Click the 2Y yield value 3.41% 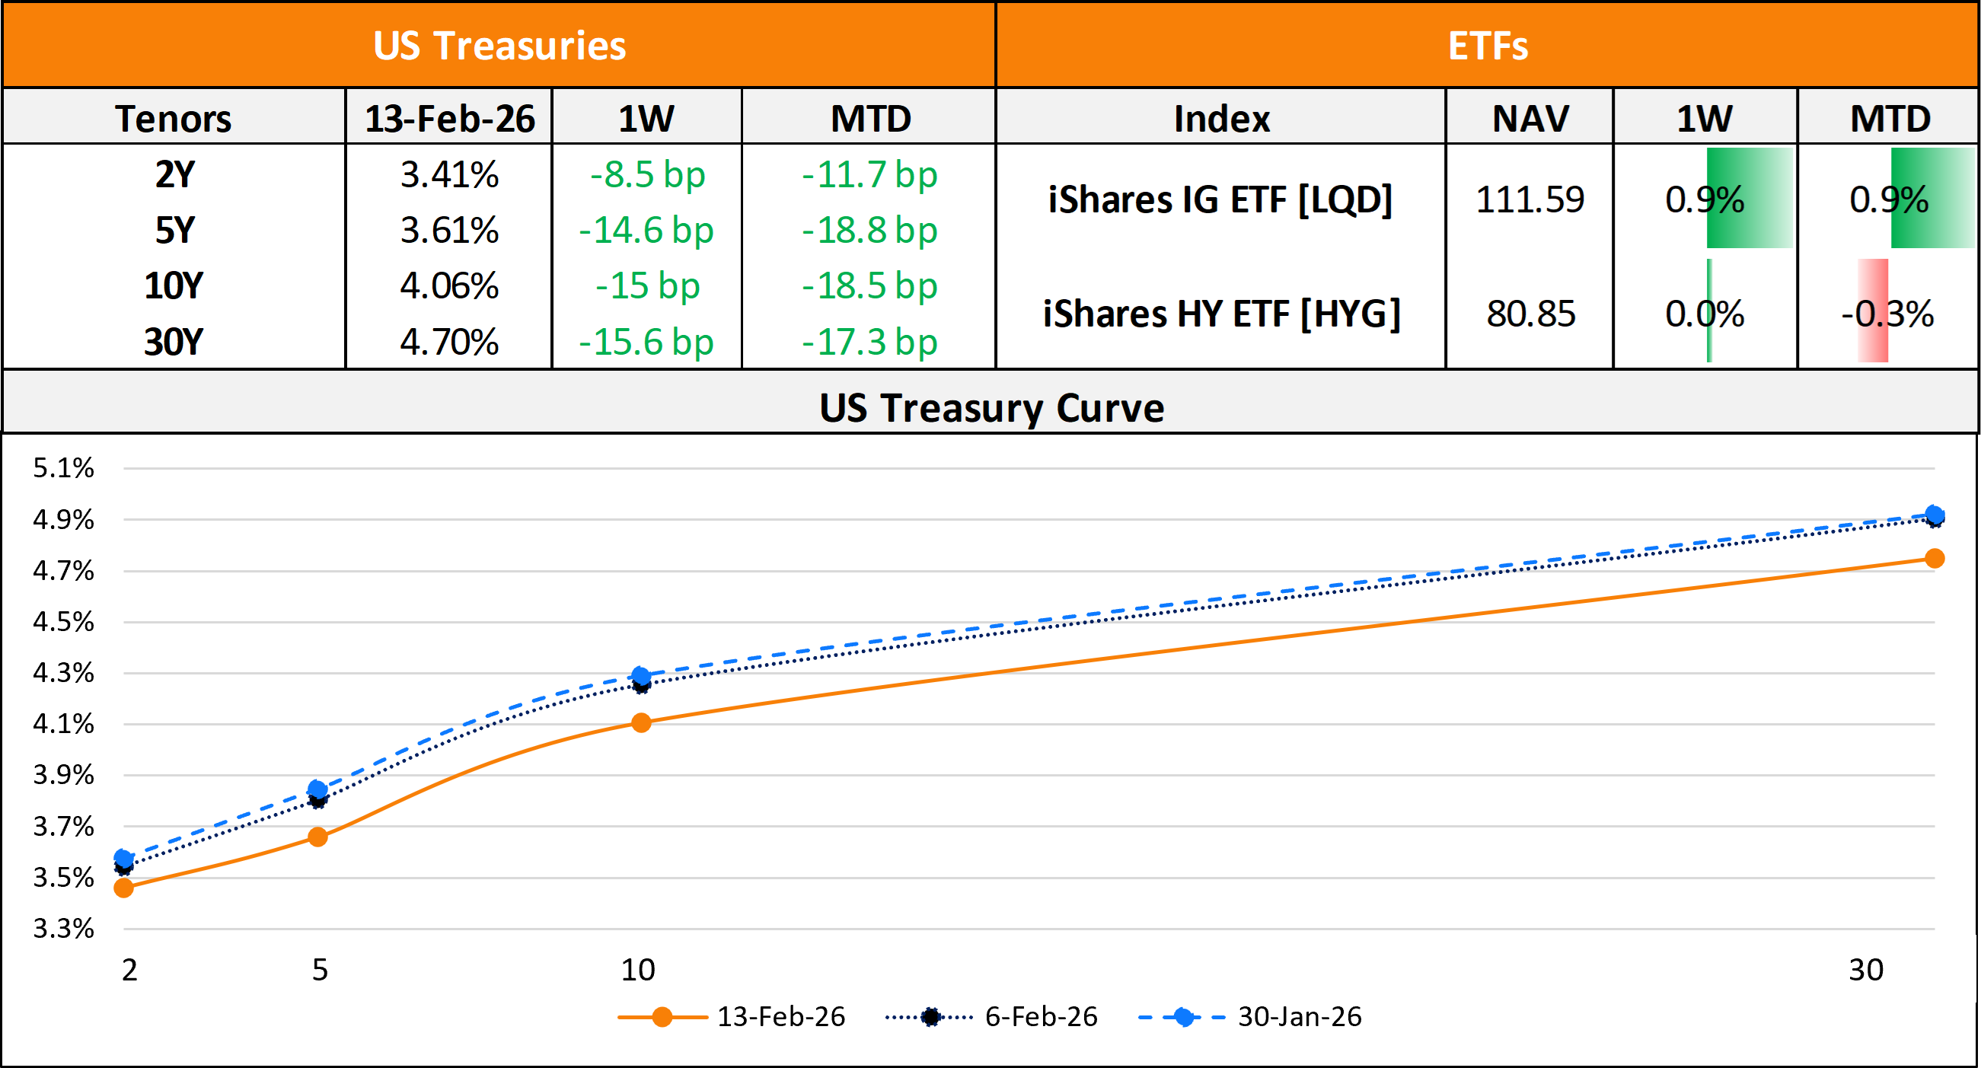click(x=449, y=175)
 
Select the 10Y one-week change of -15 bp click(x=646, y=286)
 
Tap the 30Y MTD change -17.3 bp click(x=869, y=342)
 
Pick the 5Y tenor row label click(x=174, y=231)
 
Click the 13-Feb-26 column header click(x=449, y=119)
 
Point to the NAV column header click(x=1530, y=119)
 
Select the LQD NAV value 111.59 click(x=1530, y=200)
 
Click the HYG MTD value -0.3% click(x=1888, y=314)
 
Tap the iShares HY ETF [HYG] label click(x=1221, y=314)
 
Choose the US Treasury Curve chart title click(x=990, y=407)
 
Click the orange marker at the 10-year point click(x=640, y=722)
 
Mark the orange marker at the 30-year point click(x=1935, y=558)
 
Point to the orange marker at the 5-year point click(x=317, y=837)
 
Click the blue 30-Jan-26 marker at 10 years click(x=640, y=675)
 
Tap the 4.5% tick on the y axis click(x=63, y=621)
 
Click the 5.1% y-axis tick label click(x=63, y=467)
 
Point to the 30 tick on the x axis click(x=1865, y=970)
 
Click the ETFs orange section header click(x=1488, y=45)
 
